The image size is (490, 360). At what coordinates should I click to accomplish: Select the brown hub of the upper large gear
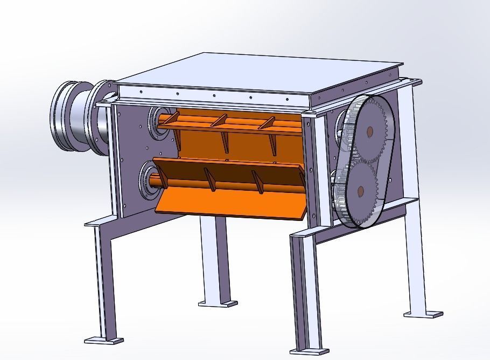[x=369, y=131]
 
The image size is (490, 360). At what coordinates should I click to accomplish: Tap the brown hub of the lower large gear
[x=360, y=190]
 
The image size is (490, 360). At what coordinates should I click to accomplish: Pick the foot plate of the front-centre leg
[x=310, y=352]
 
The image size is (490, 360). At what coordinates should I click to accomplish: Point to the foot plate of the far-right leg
[x=424, y=314]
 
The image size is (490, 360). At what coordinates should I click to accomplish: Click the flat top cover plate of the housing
[x=258, y=73]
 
